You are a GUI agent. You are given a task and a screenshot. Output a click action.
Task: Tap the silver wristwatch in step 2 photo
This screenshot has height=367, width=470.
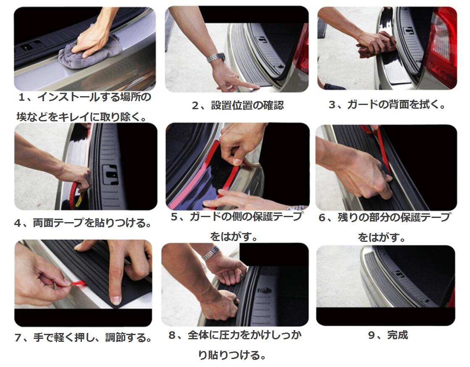tap(216, 57)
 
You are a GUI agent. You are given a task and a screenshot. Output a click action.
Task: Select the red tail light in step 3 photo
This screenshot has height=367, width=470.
tap(441, 48)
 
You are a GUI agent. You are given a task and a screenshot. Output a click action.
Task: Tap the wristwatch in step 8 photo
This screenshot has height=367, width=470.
tap(211, 253)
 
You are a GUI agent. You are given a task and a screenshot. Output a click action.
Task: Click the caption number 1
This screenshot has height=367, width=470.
tap(21, 98)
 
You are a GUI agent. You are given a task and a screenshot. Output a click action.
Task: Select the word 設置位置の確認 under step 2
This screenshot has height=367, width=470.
tap(247, 105)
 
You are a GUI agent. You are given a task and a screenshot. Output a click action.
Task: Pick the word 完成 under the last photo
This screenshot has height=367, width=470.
tap(397, 335)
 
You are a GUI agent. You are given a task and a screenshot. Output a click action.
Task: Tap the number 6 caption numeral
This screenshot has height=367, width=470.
tap(322, 218)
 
